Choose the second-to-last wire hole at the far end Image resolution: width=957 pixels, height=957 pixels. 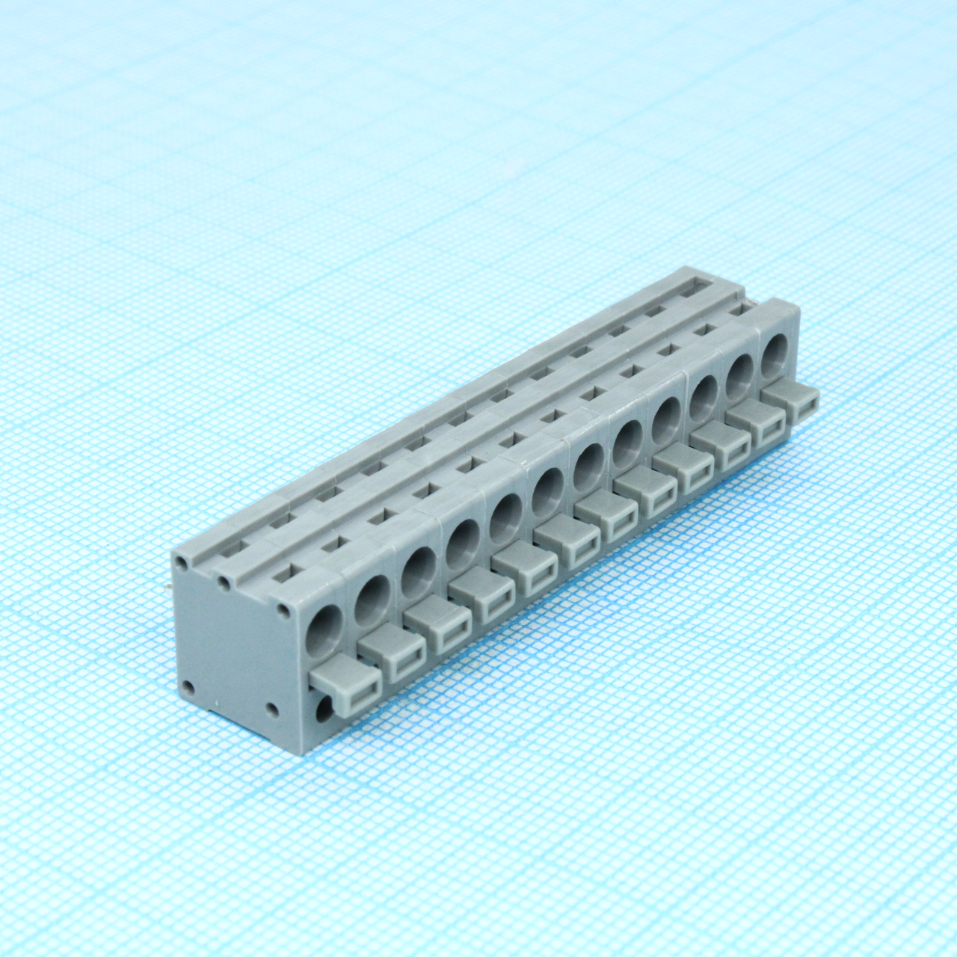740,369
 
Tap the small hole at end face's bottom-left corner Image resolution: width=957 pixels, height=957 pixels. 188,686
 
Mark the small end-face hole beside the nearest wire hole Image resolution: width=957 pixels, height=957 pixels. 283,610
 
